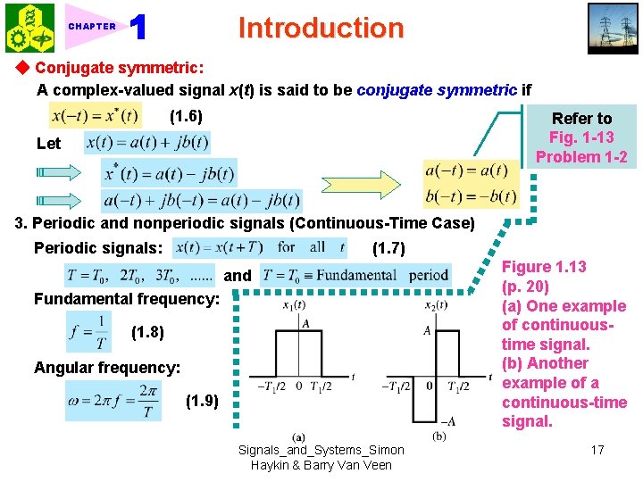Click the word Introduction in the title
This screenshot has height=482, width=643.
[x=321, y=28]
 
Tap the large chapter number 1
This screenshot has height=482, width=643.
[x=138, y=28]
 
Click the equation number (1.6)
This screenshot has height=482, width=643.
[x=186, y=116]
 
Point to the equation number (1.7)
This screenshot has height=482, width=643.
[x=388, y=247]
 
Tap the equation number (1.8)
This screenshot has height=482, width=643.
[x=147, y=333]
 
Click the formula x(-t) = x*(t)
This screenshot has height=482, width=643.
[x=96, y=116]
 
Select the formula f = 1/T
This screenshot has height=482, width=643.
[x=88, y=332]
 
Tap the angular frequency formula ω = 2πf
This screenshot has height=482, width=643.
[x=113, y=401]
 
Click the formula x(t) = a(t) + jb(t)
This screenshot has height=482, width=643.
[x=147, y=143]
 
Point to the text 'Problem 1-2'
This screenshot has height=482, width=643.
[x=581, y=157]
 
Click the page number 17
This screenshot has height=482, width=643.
[x=597, y=450]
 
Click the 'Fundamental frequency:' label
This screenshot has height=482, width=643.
[x=126, y=299]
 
